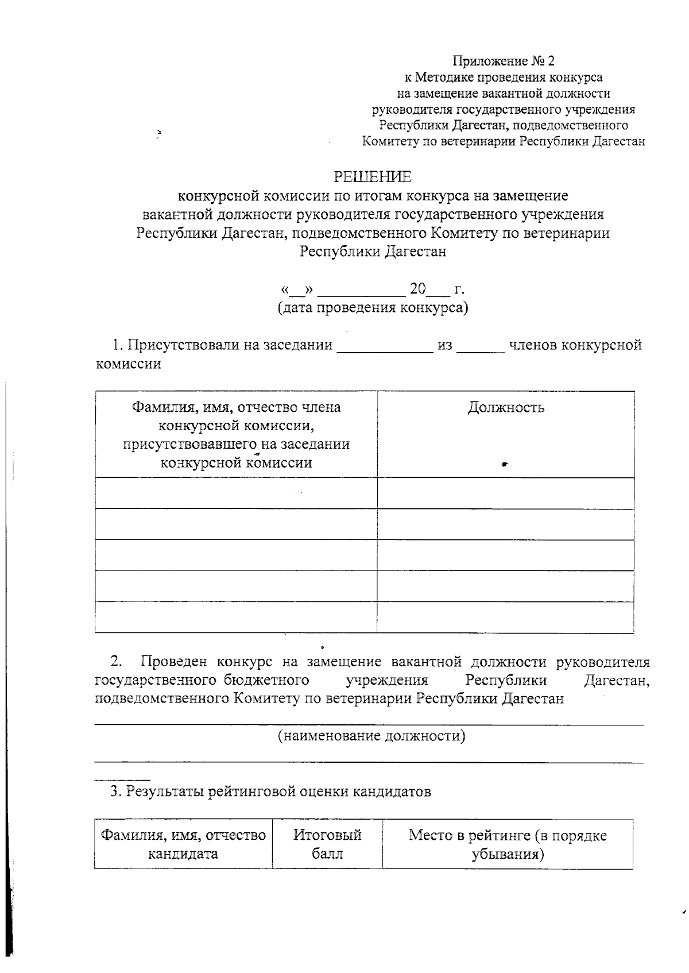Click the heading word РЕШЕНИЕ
coord(373,176)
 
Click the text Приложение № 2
coord(504,61)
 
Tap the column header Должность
coord(505,408)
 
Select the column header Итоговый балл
coord(327,844)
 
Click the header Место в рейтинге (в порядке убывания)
coord(508,844)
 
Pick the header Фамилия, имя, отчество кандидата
coord(183,844)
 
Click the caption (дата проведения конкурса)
coord(373,308)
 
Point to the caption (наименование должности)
coord(371,736)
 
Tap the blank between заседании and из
coord(384,346)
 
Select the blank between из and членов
coord(481,346)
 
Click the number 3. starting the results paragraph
coord(117,792)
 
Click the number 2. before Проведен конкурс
coord(116,662)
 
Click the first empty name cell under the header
coord(236,493)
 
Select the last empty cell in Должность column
coord(505,617)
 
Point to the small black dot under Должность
coord(504,464)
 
